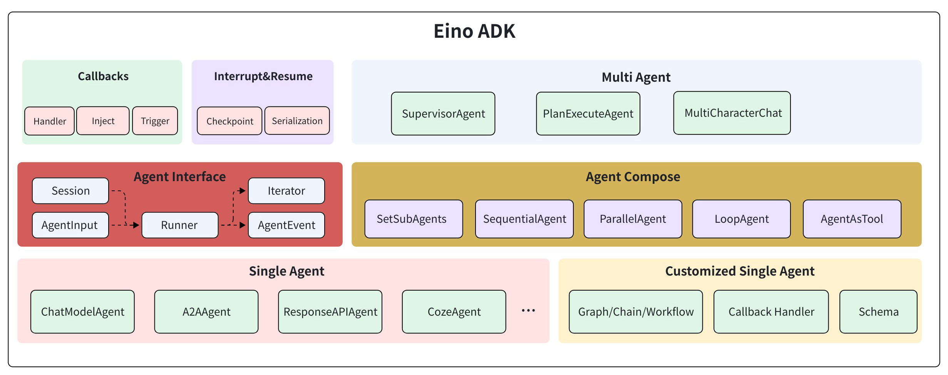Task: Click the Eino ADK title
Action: tap(474, 31)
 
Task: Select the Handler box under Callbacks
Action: tap(49, 121)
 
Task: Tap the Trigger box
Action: tap(155, 121)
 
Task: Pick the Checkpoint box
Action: tap(229, 121)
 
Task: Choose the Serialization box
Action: tap(297, 121)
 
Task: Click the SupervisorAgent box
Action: tap(443, 114)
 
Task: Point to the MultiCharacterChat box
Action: tap(732, 113)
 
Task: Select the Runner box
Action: tap(180, 225)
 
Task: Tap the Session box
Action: tap(70, 191)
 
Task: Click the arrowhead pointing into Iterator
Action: tap(242, 191)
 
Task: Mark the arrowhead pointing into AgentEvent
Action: tap(242, 225)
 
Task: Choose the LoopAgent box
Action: tap(742, 219)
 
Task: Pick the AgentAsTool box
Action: tap(852, 219)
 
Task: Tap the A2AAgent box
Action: tap(206, 312)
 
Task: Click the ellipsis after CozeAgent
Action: tap(528, 311)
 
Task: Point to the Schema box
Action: tap(878, 312)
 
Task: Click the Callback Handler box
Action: tap(771, 312)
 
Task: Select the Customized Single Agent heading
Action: tap(740, 271)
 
